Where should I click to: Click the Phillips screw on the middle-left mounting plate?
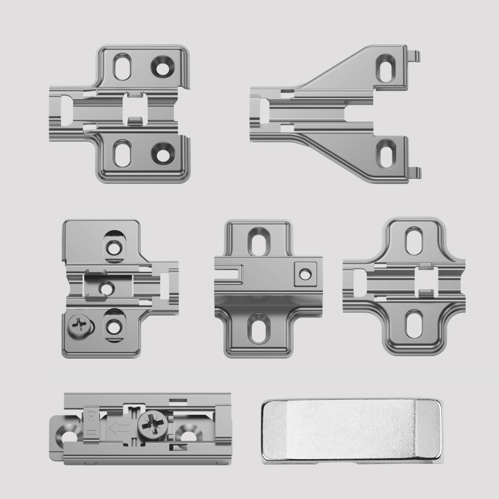79,325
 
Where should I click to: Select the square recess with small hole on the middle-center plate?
305,272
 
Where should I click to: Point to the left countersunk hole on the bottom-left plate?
70,430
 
